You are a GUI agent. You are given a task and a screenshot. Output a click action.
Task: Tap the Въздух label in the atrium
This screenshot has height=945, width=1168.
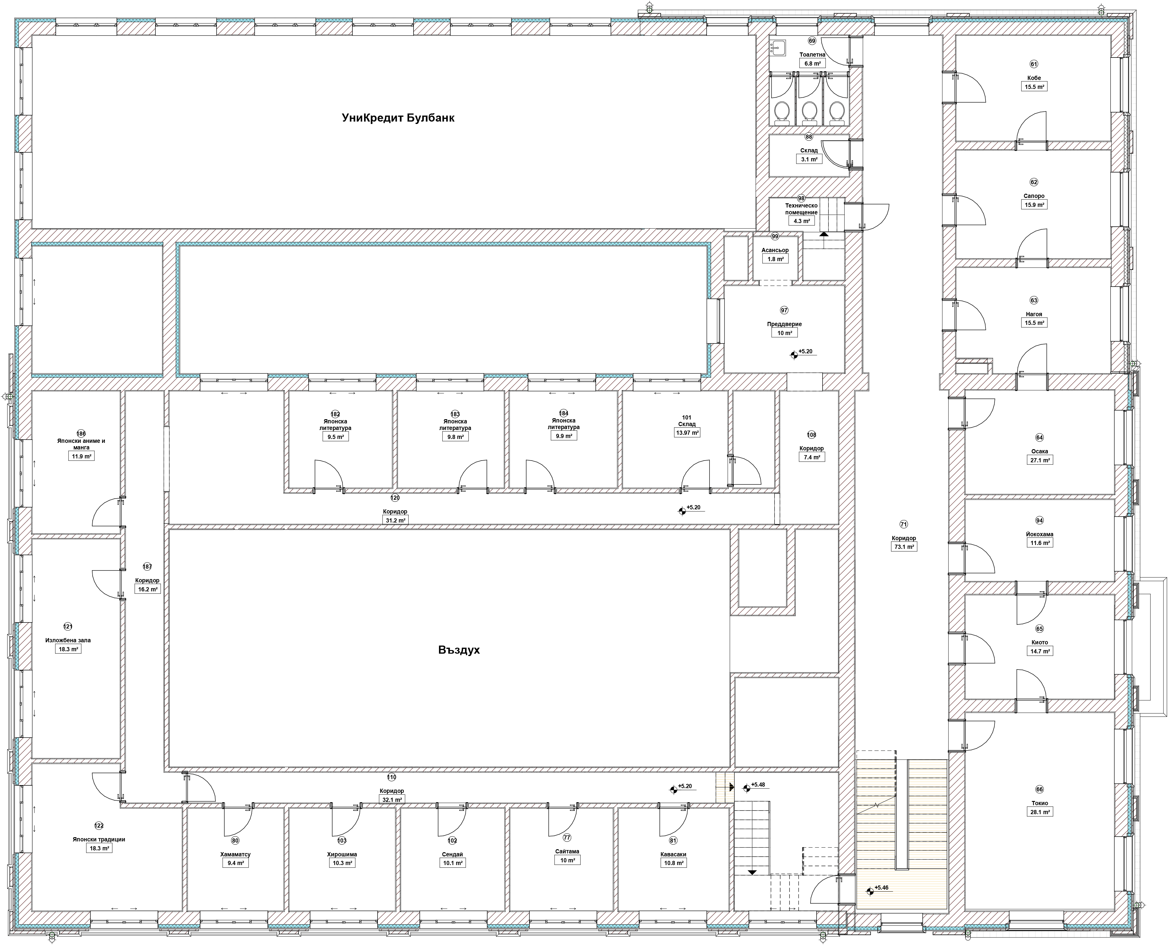click(x=459, y=650)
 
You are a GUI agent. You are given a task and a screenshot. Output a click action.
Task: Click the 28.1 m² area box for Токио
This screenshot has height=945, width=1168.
click(x=1039, y=812)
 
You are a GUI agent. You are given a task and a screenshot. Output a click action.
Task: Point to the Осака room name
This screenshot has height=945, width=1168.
click(x=1039, y=451)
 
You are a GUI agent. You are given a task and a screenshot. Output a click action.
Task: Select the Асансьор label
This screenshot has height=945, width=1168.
click(x=775, y=250)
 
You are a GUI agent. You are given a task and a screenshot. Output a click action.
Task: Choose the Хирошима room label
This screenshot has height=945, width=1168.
click(x=342, y=854)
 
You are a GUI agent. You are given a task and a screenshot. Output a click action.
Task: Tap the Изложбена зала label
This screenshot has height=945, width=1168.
click(x=68, y=640)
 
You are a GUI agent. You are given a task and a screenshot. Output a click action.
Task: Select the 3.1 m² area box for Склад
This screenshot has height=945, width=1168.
click(x=809, y=160)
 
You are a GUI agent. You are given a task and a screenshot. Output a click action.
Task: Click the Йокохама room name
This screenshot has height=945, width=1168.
click(x=1039, y=534)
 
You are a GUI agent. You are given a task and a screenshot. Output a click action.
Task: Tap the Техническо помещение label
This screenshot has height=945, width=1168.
click(x=801, y=209)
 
